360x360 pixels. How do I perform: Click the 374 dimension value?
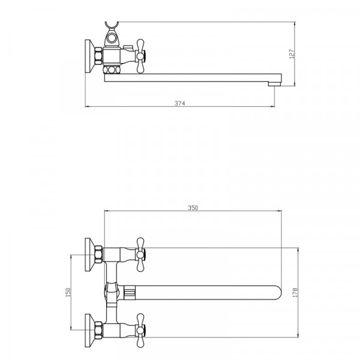(x=180, y=103)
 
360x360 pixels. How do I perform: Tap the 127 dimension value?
(x=292, y=54)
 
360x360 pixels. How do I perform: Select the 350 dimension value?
(x=193, y=208)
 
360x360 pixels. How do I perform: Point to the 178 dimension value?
(x=295, y=293)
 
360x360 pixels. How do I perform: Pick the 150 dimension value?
(x=68, y=293)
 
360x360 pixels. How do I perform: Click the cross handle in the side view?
(x=140, y=56)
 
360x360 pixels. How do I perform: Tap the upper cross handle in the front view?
(x=140, y=254)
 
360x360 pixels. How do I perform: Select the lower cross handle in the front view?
(x=140, y=331)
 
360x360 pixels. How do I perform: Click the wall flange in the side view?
(x=90, y=56)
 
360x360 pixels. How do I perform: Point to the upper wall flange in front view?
(x=90, y=254)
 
